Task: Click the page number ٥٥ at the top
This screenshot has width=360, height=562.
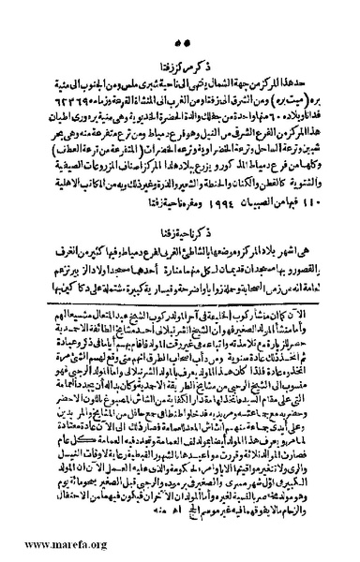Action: (181, 16)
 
